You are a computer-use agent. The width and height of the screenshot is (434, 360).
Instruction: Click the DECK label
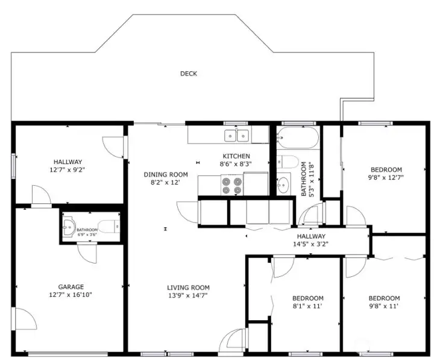189,74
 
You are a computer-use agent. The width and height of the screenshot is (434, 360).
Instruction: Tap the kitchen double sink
236,136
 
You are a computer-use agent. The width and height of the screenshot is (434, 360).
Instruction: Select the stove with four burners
232,185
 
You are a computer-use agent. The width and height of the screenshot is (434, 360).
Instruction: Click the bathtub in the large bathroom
298,137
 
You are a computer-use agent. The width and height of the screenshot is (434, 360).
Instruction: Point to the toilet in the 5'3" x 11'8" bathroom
288,162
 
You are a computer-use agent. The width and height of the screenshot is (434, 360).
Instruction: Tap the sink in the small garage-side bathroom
69,227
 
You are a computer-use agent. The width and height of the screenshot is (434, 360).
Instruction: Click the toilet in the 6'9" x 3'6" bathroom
109,227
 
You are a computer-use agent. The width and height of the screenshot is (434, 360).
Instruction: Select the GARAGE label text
71,287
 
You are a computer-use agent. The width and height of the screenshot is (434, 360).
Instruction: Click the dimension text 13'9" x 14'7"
188,295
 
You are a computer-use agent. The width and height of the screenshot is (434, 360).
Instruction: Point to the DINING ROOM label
166,174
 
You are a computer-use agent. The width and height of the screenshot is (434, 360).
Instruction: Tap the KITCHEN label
236,156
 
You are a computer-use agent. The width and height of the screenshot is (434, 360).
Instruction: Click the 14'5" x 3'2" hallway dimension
311,244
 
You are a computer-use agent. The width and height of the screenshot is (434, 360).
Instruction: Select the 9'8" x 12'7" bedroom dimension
386,177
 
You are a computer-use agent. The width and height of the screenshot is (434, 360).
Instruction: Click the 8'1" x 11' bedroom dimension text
308,306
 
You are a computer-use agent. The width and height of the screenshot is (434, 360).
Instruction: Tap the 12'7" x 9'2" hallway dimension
68,170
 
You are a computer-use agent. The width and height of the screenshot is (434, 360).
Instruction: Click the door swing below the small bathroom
87,253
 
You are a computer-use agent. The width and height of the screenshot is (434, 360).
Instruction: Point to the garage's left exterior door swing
26,319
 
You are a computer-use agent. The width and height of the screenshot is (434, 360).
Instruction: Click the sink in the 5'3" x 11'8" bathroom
283,183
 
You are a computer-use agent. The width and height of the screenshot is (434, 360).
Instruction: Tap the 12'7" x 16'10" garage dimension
71,295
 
